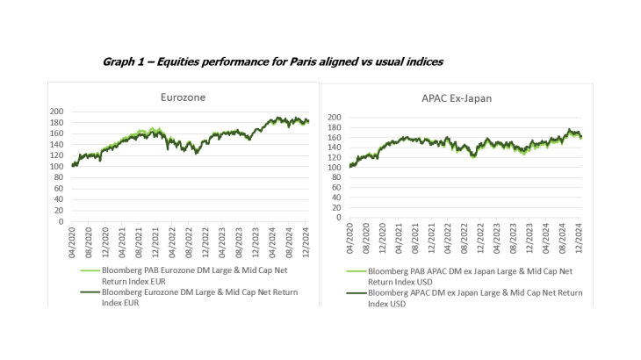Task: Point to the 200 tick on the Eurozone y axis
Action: pyautogui.click(x=56, y=112)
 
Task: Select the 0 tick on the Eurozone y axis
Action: pyautogui.click(x=61, y=221)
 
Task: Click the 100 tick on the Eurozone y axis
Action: pyautogui.click(x=56, y=167)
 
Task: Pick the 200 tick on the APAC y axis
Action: pyautogui.click(x=333, y=117)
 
